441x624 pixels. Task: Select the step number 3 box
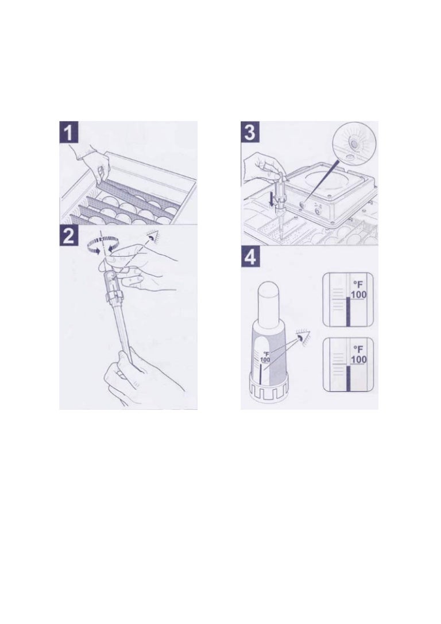click(x=249, y=132)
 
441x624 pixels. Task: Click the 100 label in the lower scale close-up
click(x=358, y=359)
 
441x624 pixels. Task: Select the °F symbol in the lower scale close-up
click(x=358, y=349)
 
